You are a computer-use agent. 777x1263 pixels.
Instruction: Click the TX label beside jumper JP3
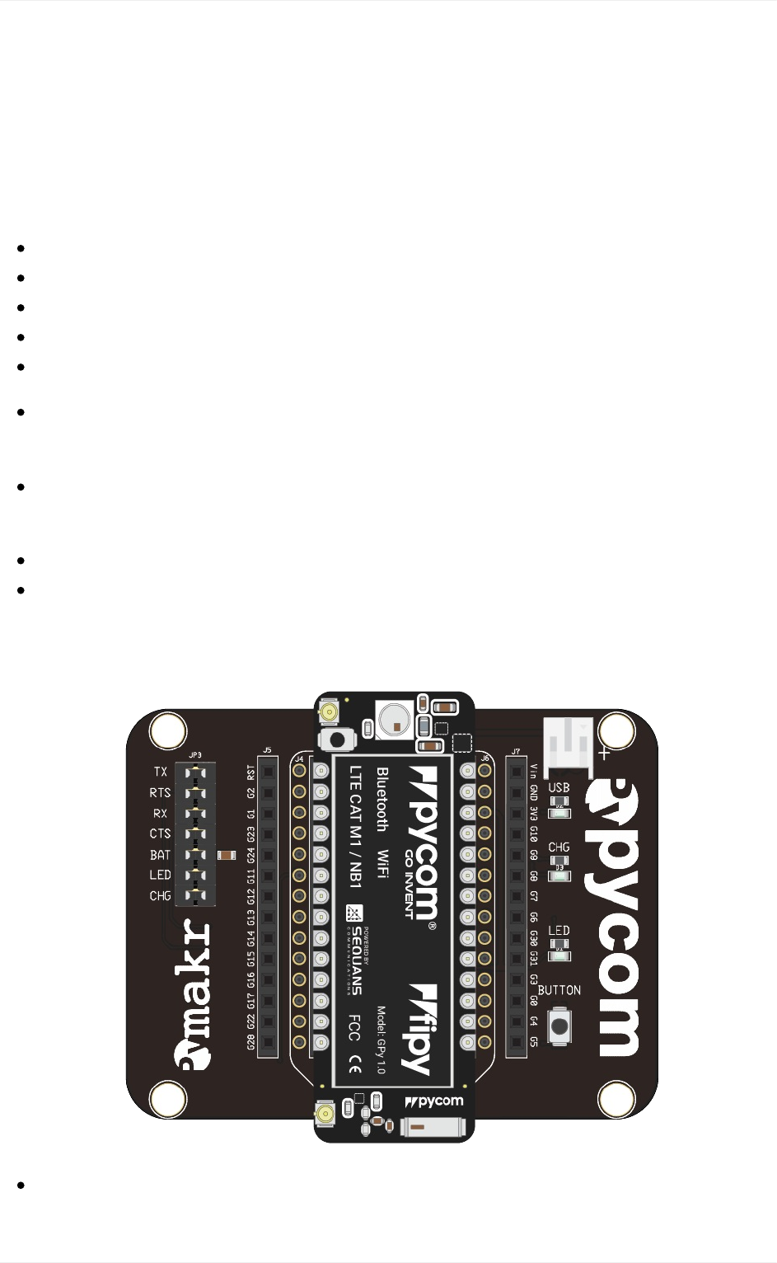(x=160, y=772)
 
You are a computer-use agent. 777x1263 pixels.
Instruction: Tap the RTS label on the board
(x=160, y=792)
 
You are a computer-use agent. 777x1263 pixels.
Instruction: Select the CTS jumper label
(x=160, y=833)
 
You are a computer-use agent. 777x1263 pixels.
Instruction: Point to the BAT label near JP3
(x=160, y=855)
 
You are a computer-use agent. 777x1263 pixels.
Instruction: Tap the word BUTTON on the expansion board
(x=559, y=990)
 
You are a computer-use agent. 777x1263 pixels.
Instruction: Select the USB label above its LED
(x=559, y=787)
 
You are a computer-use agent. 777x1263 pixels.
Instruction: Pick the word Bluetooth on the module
(x=382, y=799)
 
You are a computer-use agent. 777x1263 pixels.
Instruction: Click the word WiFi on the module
(x=382, y=864)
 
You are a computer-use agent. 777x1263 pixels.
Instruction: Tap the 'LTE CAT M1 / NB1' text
(x=355, y=828)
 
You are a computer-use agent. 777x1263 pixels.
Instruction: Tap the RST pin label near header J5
(x=250, y=772)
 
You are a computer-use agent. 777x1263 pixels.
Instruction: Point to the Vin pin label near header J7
(x=533, y=771)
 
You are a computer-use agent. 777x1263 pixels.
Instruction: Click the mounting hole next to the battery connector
(x=616, y=730)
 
